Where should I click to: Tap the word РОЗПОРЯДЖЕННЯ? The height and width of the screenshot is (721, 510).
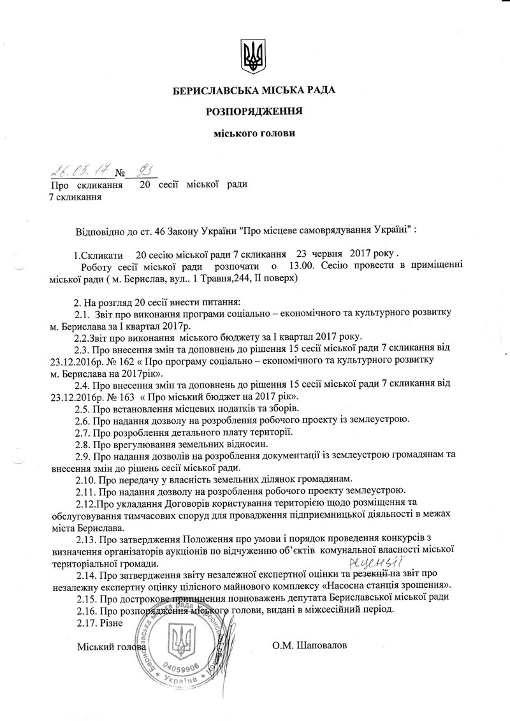[254, 112]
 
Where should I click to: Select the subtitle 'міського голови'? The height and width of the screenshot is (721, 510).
[254, 133]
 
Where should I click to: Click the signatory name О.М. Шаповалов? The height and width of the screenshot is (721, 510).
[310, 646]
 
